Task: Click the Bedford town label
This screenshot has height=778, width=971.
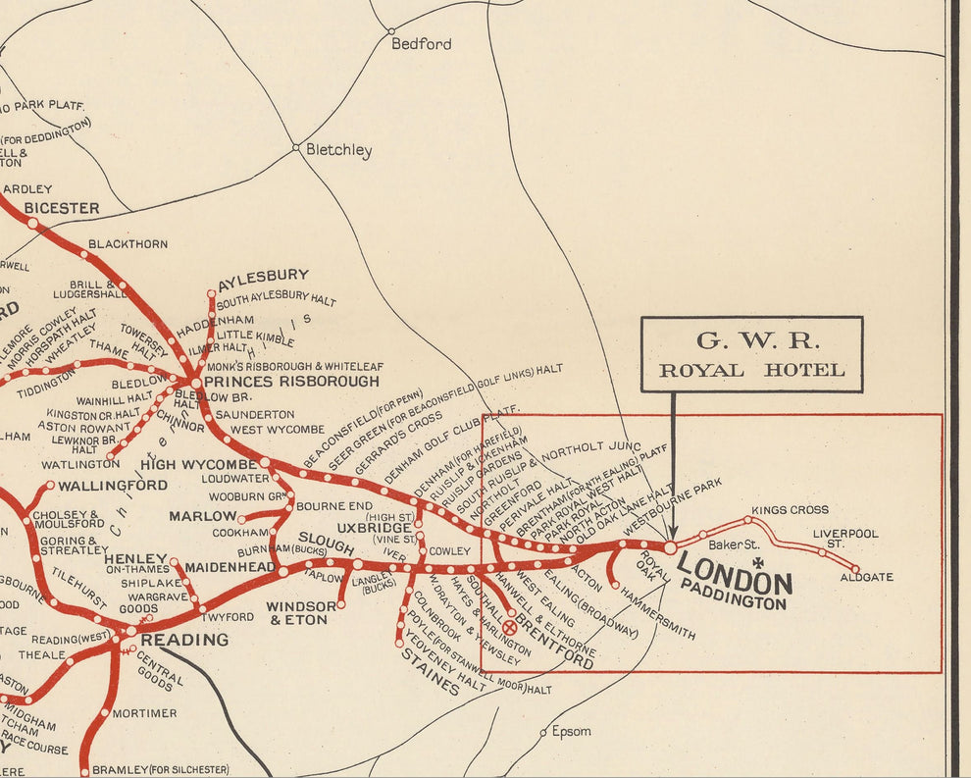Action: pos(422,44)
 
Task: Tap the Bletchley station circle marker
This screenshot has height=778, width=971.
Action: pos(295,148)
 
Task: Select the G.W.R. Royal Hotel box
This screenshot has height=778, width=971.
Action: pos(751,354)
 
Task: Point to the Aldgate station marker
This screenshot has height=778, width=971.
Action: pos(855,569)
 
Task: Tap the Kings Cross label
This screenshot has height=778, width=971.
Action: pos(790,510)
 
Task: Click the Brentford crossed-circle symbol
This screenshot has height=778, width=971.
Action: pos(509,627)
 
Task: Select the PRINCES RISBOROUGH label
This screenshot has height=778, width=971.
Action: pos(291,382)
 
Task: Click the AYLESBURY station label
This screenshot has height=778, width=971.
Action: pos(264,276)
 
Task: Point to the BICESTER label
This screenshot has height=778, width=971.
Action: pos(62,208)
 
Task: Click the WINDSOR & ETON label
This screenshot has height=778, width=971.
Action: pos(301,613)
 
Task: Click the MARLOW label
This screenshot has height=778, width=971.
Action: pos(203,516)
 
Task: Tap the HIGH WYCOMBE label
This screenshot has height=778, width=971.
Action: pos(198,464)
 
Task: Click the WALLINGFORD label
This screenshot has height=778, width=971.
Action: pos(113,485)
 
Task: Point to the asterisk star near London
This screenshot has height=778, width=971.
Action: pos(757,563)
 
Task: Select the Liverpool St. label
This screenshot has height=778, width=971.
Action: pos(845,539)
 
